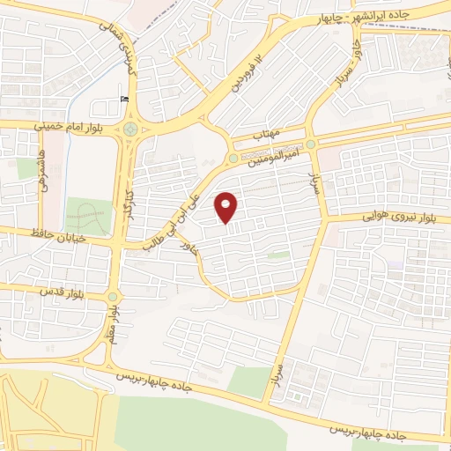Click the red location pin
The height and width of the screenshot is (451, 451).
(227, 207)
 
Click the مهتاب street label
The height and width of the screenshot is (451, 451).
(265, 136)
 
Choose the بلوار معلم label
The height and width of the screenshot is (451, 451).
(112, 322)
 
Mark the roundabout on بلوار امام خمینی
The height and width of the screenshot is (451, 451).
(130, 129)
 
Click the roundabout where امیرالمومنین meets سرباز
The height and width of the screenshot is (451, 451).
(310, 144)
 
